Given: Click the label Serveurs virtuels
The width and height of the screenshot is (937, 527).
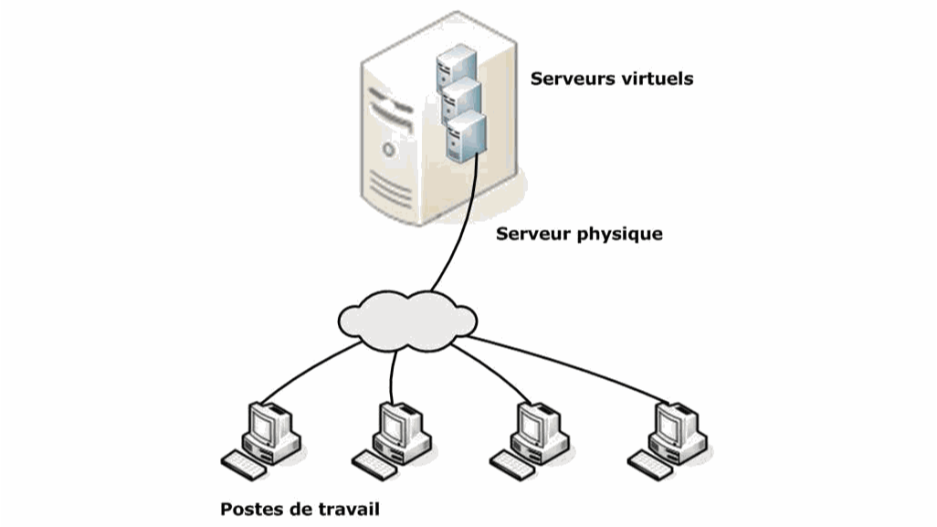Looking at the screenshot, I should click(611, 79).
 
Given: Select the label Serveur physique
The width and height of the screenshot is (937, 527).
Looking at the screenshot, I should click(579, 234).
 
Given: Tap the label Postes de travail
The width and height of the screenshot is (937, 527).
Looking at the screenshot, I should click(300, 509).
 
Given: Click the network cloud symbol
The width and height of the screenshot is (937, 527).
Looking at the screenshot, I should click(407, 321).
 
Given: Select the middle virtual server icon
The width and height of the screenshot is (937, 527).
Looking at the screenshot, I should click(461, 100).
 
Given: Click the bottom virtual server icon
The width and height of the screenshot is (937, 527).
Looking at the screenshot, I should click(466, 135).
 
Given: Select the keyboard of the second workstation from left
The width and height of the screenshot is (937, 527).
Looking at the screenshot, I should click(376, 464).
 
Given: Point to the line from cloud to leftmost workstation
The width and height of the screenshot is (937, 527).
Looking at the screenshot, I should click(301, 374).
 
